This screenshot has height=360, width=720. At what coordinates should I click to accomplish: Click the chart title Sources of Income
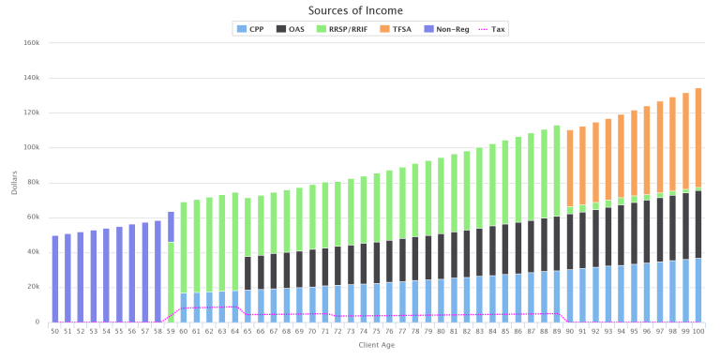click(359, 10)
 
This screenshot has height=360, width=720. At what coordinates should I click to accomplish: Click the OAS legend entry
click(292, 28)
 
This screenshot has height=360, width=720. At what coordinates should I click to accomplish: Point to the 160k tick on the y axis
click(29, 42)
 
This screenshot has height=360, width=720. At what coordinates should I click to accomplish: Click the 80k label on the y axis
click(32, 182)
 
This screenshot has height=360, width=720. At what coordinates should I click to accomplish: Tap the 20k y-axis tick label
click(32, 287)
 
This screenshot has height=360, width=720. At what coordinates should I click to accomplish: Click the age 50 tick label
click(54, 331)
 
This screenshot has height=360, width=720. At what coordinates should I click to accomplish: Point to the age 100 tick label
click(697, 331)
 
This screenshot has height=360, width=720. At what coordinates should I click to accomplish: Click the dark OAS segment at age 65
click(248, 273)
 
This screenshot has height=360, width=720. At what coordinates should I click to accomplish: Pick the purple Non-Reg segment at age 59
click(171, 226)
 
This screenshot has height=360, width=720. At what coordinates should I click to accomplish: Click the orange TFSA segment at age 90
click(569, 169)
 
